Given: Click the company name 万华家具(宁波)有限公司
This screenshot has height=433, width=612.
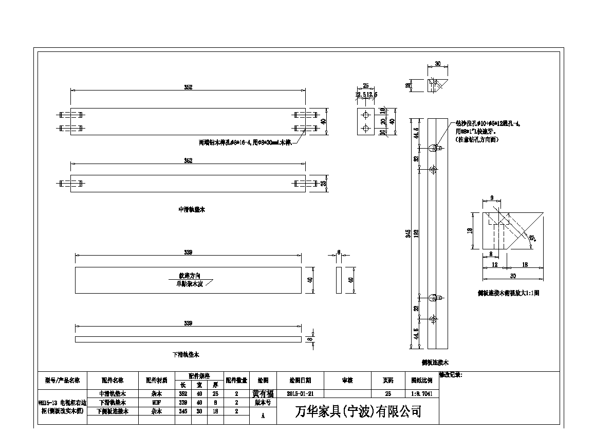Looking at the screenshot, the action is point(358,412).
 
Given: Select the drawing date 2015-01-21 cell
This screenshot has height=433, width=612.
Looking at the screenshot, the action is point(301,392).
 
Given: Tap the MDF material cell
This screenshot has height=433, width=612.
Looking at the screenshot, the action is point(157,402).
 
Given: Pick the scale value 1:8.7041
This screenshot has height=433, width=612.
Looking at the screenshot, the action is point(422,392).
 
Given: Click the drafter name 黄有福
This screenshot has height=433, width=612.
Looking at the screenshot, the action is point(263,392).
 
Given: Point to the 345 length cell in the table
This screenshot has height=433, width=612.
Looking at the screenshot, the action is point(182,411).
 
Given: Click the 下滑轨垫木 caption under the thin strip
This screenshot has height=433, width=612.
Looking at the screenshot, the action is point(186,355).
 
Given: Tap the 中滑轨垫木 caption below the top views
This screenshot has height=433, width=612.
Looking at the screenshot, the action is point(191,209).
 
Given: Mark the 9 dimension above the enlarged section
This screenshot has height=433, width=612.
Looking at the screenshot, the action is point(492,197).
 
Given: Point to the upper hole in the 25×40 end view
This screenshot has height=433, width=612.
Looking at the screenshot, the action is point(365,114).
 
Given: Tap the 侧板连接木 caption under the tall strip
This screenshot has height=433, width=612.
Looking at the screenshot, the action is point(434,362).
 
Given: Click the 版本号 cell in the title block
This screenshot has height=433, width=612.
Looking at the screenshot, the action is point(263,402).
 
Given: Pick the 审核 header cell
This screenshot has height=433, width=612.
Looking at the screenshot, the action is point(347,381).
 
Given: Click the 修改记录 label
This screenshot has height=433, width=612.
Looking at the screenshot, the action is point(450,375).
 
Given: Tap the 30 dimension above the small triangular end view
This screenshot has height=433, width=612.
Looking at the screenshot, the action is point(437,64).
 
